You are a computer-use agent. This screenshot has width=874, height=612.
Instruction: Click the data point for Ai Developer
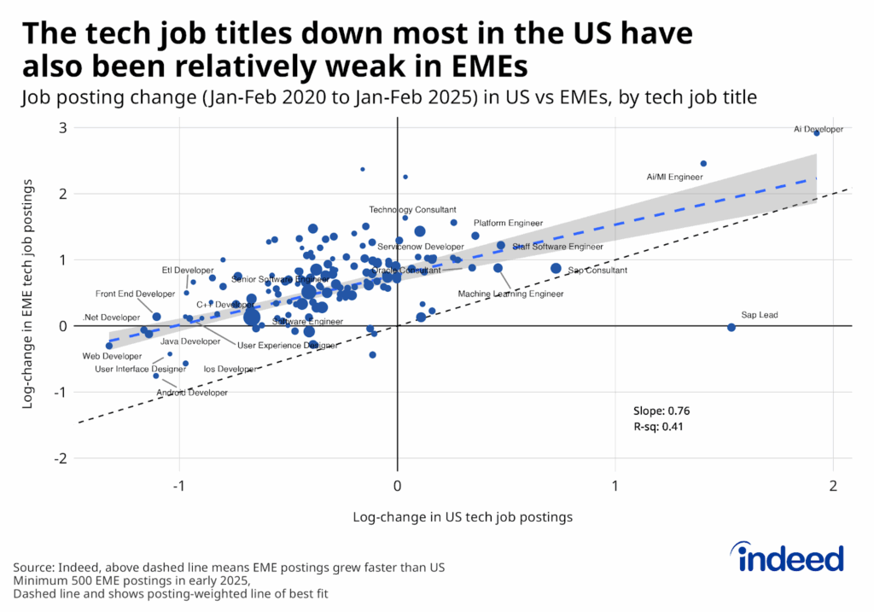click(817, 132)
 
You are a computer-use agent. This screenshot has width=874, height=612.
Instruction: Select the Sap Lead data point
click(731, 327)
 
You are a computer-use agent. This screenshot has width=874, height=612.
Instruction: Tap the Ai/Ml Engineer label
click(674, 178)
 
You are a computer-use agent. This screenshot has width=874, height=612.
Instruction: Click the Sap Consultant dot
click(556, 268)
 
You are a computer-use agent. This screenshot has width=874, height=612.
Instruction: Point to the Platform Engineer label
click(508, 223)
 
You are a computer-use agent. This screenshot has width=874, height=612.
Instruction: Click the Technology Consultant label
click(412, 209)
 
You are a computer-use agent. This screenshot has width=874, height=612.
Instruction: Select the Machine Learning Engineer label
click(510, 294)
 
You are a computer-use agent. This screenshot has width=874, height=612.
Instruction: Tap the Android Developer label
click(192, 393)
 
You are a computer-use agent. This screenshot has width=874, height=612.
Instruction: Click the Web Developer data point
click(108, 346)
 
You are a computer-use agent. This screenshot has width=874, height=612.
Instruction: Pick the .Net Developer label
click(111, 318)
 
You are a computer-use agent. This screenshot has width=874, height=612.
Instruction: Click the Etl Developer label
click(188, 271)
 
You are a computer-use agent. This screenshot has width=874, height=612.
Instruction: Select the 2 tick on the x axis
click(832, 485)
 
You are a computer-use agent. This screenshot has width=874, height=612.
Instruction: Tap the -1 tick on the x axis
click(179, 485)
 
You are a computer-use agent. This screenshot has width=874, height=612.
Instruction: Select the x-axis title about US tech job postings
click(462, 516)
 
